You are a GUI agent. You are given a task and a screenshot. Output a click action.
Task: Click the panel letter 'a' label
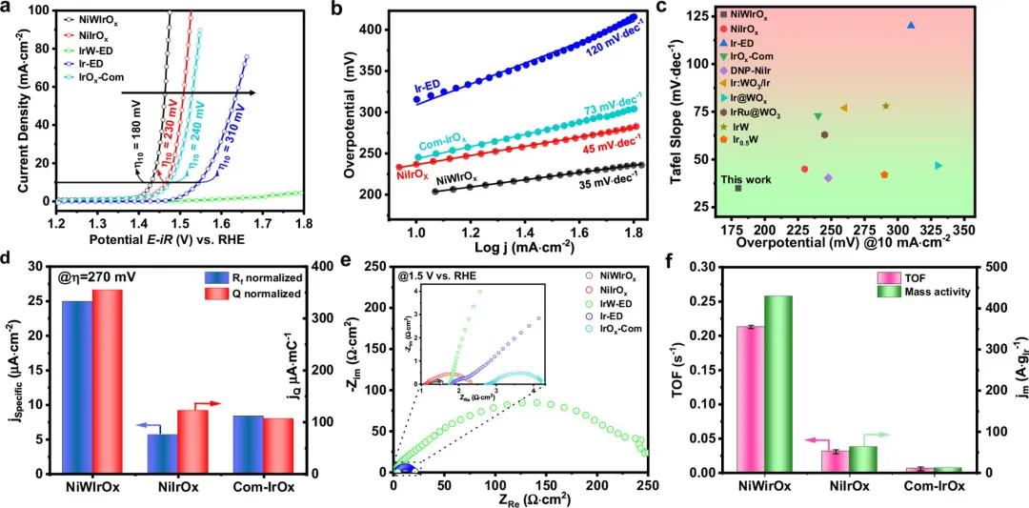pos(9,9)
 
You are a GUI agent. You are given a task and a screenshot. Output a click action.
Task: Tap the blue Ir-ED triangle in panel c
pos(911,26)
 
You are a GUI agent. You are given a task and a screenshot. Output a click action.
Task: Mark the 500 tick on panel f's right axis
pos(992,267)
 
